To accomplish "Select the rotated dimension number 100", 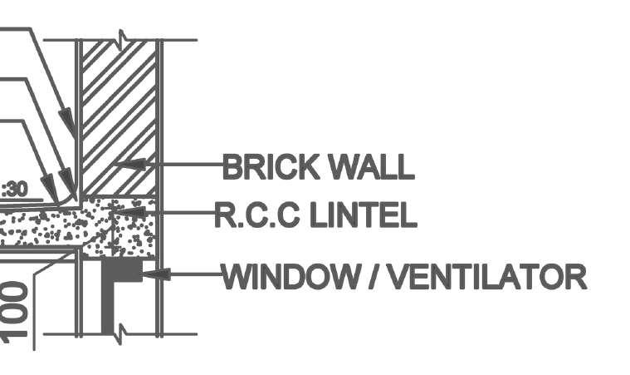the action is tap(17, 312).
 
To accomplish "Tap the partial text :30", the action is tap(14, 189).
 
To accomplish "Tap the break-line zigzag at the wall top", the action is tap(122, 39).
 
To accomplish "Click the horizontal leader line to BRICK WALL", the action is tap(187, 165).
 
